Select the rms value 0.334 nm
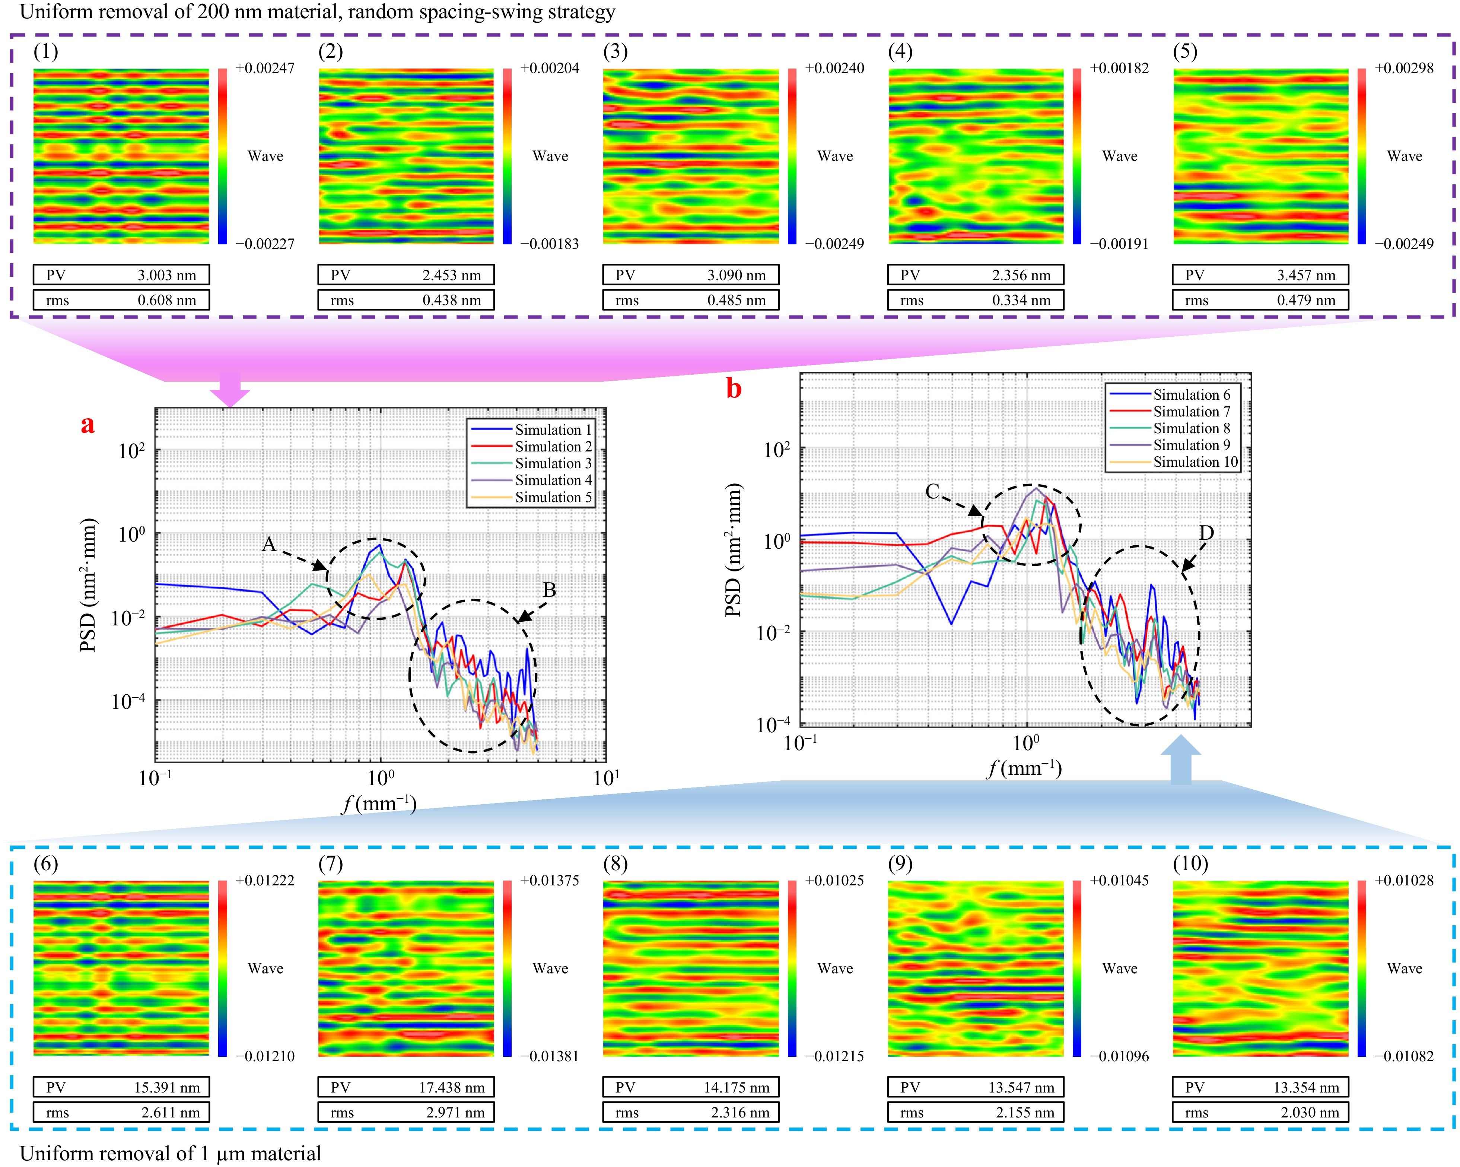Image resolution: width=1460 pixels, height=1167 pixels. pos(1021,300)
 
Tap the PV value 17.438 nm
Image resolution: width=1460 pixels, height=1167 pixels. pos(452,1088)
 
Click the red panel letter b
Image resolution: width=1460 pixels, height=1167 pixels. pos(734,389)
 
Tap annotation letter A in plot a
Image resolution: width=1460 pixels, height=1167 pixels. pos(269,544)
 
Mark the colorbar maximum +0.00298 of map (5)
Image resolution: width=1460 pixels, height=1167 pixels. pos(1404,69)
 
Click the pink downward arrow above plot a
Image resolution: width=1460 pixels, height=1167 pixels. pos(230,390)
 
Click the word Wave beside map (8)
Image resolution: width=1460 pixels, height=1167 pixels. pos(835,968)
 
